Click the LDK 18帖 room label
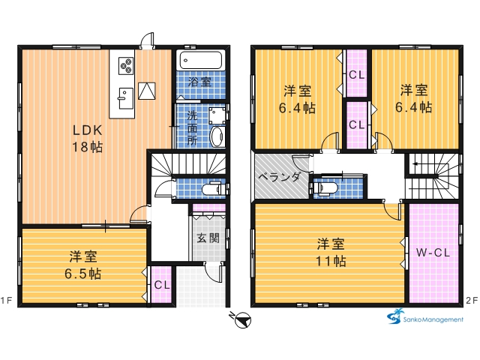point(87,139)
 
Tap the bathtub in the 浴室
point(201,60)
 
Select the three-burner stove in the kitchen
point(126,66)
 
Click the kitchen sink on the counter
point(126,98)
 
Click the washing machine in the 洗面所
point(217,115)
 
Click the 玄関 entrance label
point(208,238)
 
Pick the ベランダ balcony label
point(279,177)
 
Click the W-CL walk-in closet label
point(433,253)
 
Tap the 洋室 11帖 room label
point(331,253)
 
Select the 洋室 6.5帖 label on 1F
point(83,265)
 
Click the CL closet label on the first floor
point(162,285)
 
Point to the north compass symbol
point(241,320)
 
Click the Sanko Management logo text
point(433,320)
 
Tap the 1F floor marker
point(6,301)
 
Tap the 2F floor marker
point(472,301)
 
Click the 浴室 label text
point(199,82)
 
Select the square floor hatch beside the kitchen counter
point(147,91)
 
